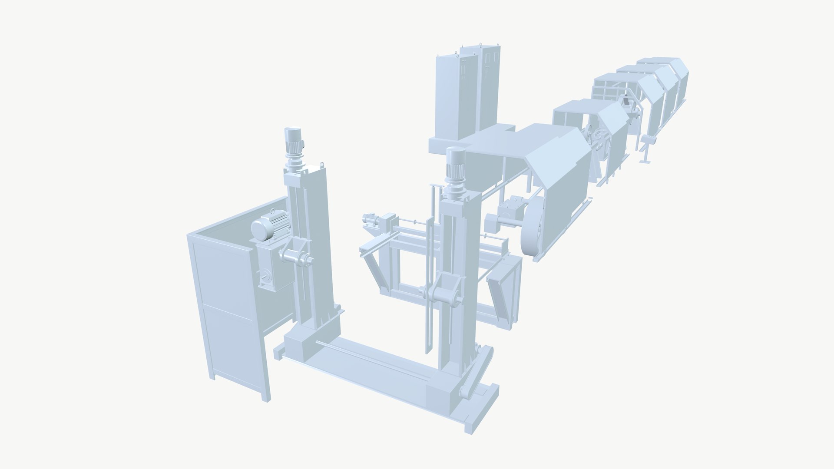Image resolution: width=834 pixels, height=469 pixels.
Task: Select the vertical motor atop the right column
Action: [455, 164]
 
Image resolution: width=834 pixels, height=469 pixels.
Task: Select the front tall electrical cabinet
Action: [454, 98]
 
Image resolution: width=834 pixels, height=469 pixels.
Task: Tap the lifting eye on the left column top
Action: [322, 164]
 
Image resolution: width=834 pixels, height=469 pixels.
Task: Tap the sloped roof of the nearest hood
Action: [560, 161]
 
